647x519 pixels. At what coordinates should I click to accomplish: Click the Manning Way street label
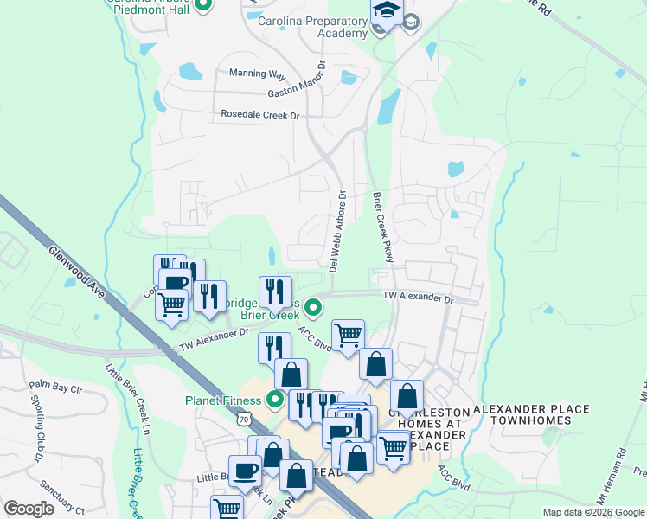coord(257,75)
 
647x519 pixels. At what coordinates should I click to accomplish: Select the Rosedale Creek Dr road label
coord(259,114)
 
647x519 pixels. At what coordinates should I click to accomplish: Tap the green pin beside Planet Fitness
coord(276,399)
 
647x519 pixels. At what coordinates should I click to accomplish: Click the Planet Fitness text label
coord(222,400)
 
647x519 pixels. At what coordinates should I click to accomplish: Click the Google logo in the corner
coord(29,509)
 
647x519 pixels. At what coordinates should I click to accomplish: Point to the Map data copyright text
coord(593,512)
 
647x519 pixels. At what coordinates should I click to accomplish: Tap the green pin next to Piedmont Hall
coord(204,6)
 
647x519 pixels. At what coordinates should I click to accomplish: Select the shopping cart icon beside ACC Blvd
coord(348,334)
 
